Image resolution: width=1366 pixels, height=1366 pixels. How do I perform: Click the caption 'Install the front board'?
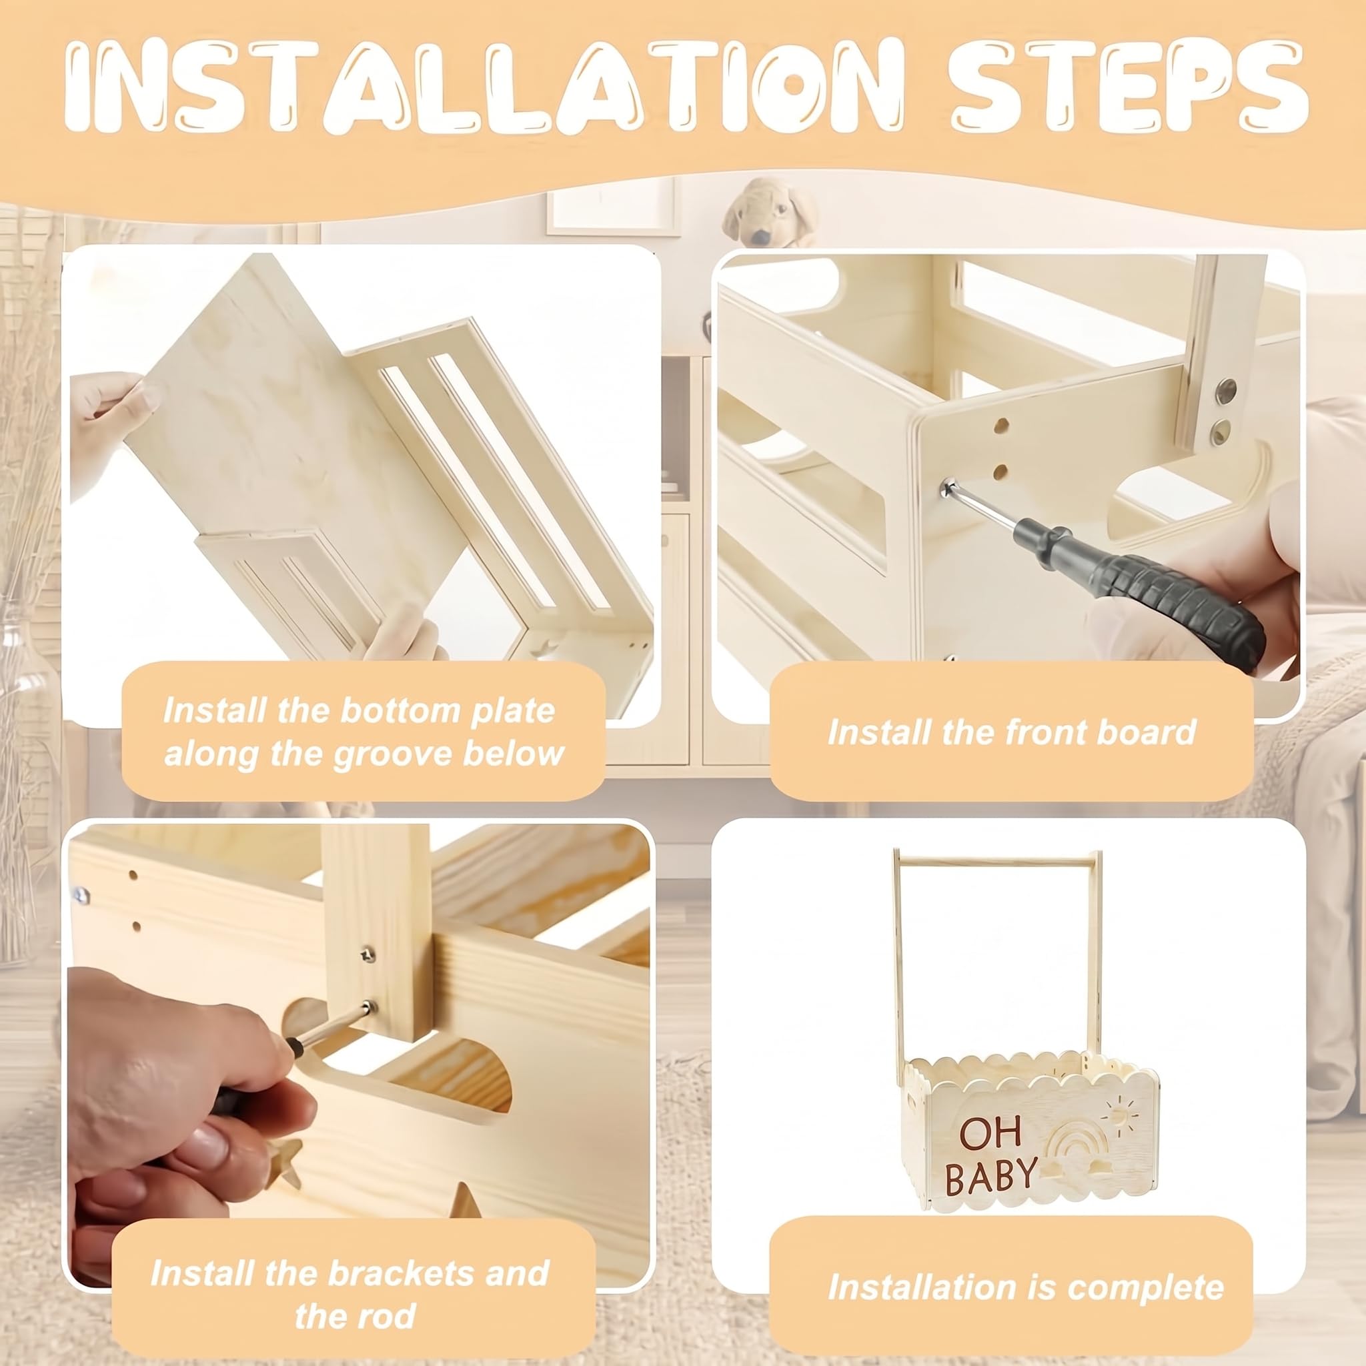pyautogui.click(x=1012, y=732)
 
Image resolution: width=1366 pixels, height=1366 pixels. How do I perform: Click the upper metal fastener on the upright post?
pyautogui.click(x=1225, y=388)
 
